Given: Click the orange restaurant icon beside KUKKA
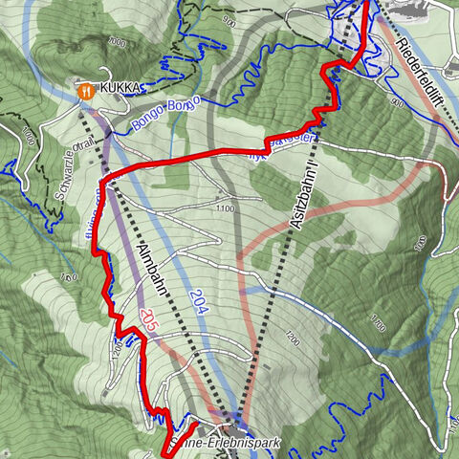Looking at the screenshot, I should click(85, 89).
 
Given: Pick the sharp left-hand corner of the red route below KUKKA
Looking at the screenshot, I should click(103, 180).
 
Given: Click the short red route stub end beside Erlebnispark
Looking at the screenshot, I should click(194, 423).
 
